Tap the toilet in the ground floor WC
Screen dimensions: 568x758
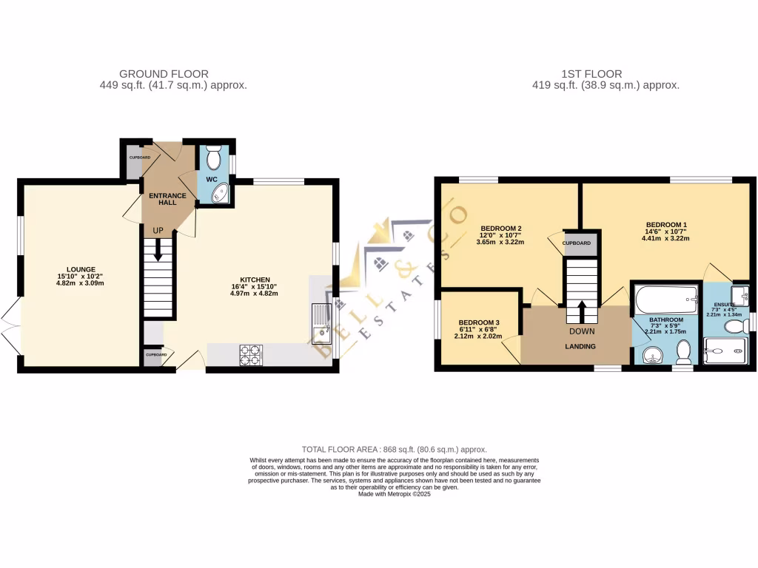pyautogui.click(x=214, y=158)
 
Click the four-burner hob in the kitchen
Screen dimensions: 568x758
pyautogui.click(x=250, y=355)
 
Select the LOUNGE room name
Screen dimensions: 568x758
pyautogui.click(x=79, y=269)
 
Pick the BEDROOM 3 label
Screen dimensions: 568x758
pyautogui.click(x=479, y=323)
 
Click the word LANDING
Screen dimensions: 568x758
pyautogui.click(x=582, y=345)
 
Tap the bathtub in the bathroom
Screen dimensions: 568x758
pyautogui.click(x=665, y=301)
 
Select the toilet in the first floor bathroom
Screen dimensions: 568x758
pyautogui.click(x=684, y=352)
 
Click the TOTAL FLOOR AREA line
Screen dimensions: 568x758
pyautogui.click(x=394, y=450)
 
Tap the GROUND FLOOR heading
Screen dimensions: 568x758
pyautogui.click(x=164, y=74)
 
